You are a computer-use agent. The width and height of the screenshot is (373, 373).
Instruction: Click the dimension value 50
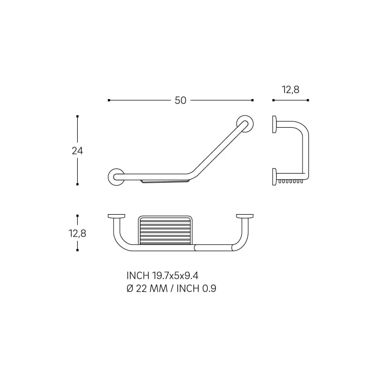[180, 101]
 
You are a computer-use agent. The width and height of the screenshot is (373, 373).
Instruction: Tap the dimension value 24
[77, 151]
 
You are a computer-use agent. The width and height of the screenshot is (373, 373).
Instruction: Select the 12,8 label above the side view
[290, 90]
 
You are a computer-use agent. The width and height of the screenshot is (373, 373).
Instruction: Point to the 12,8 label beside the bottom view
[77, 233]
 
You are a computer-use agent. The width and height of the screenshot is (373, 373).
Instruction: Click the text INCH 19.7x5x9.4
[162, 276]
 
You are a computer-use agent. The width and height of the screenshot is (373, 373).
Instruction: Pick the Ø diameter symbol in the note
[130, 288]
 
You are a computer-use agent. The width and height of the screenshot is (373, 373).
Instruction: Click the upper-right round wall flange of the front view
[245, 124]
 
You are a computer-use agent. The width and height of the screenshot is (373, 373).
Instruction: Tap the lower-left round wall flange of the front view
[116, 177]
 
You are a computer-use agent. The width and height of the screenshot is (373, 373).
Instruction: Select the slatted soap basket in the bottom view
[165, 230]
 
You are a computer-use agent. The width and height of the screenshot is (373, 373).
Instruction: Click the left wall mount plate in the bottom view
[117, 216]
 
